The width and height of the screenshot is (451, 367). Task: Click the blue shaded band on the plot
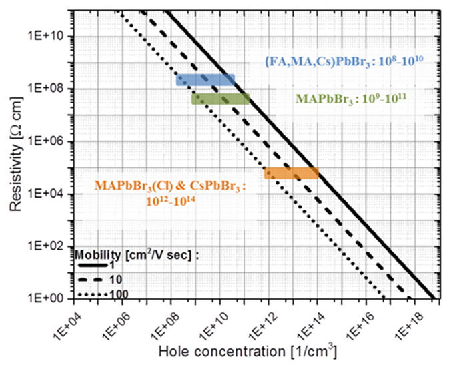click(x=205, y=80)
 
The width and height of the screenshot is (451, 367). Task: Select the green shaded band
click(x=220, y=99)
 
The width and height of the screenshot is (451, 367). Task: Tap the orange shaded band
click(x=291, y=173)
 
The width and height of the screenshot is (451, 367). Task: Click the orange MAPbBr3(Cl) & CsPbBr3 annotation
click(x=170, y=191)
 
